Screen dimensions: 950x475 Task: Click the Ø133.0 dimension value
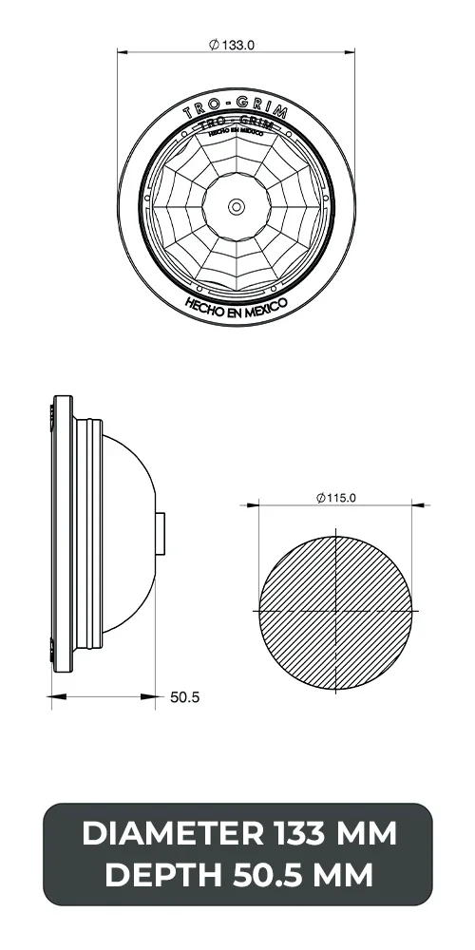tap(240, 44)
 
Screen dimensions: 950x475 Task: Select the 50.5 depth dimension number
tap(184, 696)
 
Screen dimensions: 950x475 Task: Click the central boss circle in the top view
tap(236, 204)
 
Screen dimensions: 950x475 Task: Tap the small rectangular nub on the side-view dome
tap(162, 534)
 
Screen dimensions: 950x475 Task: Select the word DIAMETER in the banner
tap(170, 834)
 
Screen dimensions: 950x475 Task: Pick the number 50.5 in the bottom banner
tap(266, 875)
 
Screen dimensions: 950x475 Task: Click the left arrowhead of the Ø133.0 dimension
tap(123, 53)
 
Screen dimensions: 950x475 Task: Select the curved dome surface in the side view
tap(133, 475)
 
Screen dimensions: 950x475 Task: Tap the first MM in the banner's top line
tap(367, 834)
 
